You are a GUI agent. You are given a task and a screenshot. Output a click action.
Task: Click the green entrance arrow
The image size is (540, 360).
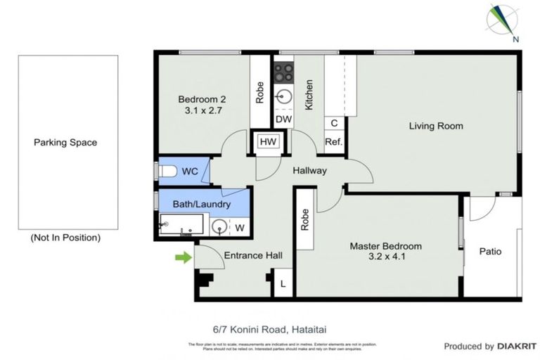point(183,258)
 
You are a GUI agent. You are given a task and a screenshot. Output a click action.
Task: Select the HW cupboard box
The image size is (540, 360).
point(268,142)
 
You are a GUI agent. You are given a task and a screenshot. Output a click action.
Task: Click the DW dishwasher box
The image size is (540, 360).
point(283,120)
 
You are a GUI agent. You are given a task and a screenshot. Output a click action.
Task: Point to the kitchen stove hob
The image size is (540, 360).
point(283,71)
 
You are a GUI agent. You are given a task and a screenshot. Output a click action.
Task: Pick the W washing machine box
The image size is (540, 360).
point(239,227)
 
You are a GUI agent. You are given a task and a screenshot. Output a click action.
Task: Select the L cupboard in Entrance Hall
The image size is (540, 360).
point(283,284)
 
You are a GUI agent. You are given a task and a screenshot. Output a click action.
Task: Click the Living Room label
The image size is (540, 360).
point(436,127)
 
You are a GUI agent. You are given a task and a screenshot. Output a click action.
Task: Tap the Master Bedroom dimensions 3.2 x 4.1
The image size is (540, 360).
point(386,257)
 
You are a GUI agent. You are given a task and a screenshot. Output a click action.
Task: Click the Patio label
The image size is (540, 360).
point(490,251)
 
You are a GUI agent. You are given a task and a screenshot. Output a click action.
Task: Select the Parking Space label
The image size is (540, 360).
point(65,143)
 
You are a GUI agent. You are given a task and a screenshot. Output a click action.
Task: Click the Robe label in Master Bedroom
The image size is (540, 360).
point(305,221)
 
